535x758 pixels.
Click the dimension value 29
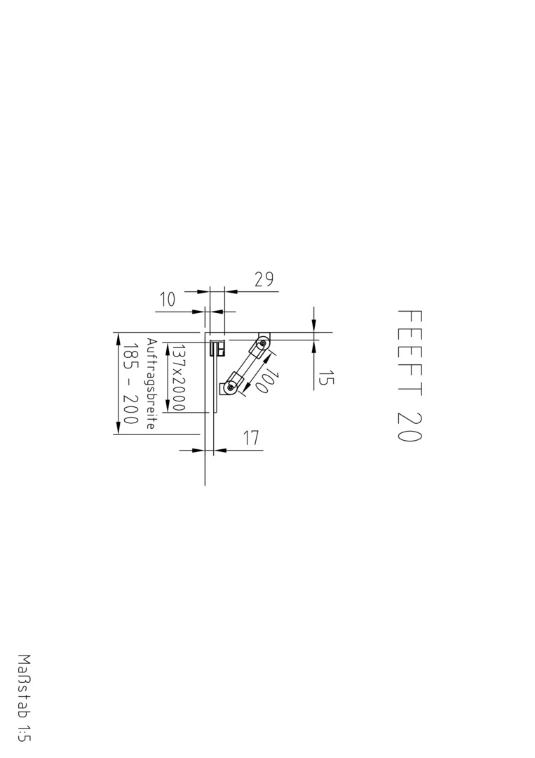264,279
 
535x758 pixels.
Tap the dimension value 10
167,300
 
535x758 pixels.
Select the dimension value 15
326,378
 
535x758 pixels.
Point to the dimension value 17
250,438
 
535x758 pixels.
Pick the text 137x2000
179,378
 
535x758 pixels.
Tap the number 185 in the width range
131,358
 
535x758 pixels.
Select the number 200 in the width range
131,409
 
